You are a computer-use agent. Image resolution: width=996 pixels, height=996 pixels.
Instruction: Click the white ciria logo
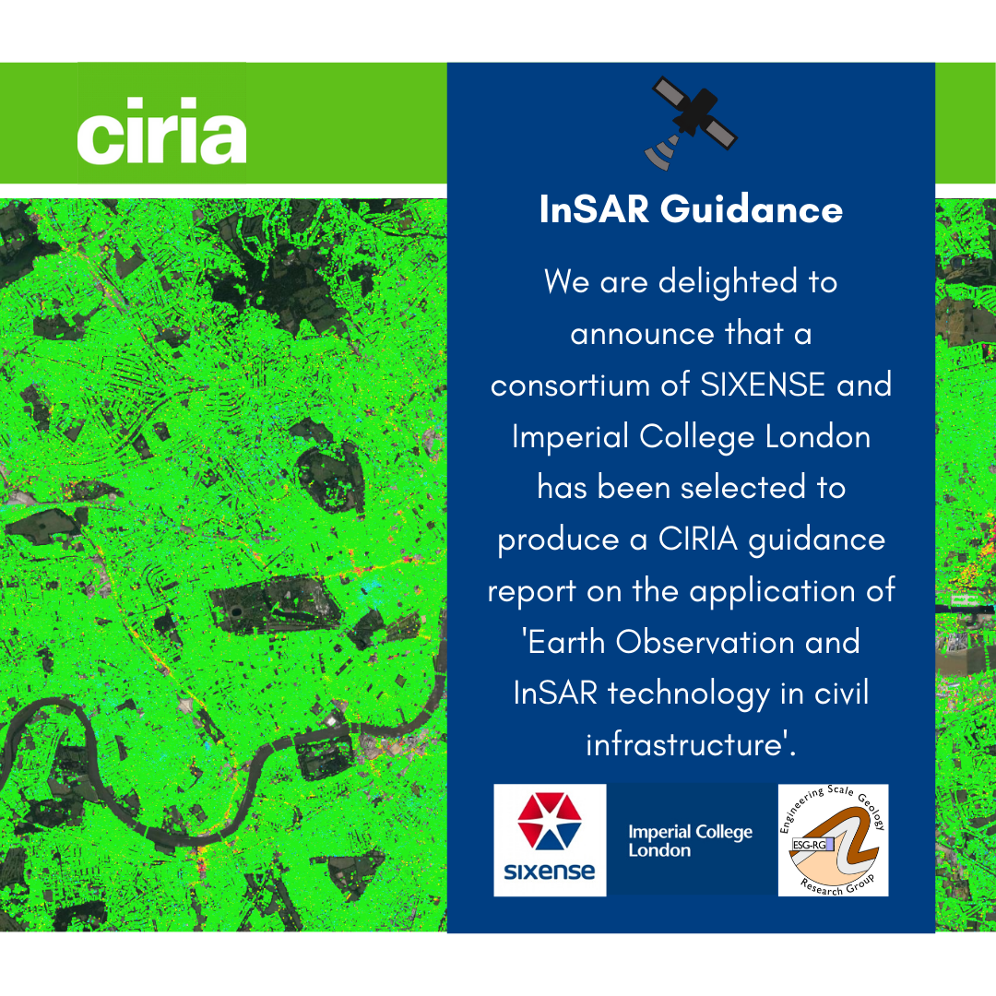161,136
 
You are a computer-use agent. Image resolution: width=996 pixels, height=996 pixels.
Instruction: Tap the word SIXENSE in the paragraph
763,385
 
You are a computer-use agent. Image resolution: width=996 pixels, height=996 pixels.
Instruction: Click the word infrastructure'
692,744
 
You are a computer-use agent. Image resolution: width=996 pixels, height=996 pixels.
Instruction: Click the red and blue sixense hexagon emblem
550,824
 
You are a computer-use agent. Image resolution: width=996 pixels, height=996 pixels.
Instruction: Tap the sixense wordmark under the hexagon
550,871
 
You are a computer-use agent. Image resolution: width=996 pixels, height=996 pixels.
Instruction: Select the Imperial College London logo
690,840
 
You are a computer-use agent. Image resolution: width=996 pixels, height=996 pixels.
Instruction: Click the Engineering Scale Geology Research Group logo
833,840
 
